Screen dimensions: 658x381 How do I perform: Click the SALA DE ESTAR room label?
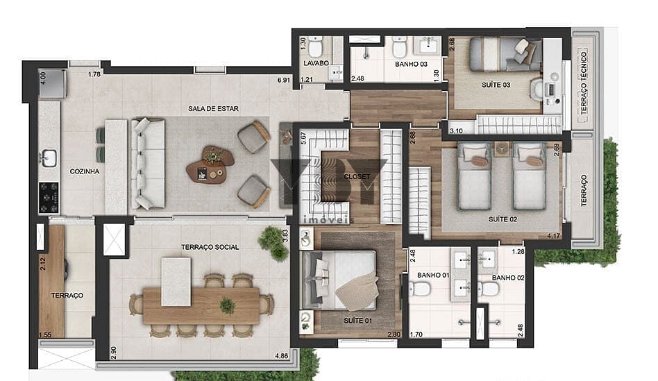coord(213,109)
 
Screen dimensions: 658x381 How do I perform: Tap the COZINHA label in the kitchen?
coord(85,171)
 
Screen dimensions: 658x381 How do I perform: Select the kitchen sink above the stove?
coord(49,158)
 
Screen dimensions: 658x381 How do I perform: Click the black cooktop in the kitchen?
coord(49,197)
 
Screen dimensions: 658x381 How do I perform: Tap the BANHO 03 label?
coord(411,65)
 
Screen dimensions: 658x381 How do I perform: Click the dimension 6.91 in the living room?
coord(284,80)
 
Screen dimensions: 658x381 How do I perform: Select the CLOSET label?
coord(357,177)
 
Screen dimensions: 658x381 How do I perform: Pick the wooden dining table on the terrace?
coord(201,305)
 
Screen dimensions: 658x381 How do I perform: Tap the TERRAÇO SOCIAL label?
coord(210,247)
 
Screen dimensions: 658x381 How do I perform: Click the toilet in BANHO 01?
coord(420,289)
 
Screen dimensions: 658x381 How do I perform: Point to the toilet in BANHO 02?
coord(488,289)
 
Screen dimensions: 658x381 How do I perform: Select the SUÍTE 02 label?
coord(503,219)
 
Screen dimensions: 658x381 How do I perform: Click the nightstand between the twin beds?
coord(502,149)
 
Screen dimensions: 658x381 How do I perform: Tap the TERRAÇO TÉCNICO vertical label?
coord(584,83)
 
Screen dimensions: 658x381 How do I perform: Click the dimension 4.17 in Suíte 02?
coord(553,236)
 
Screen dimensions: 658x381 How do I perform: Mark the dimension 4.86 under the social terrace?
coord(282,356)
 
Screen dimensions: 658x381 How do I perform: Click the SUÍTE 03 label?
coord(496,85)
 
